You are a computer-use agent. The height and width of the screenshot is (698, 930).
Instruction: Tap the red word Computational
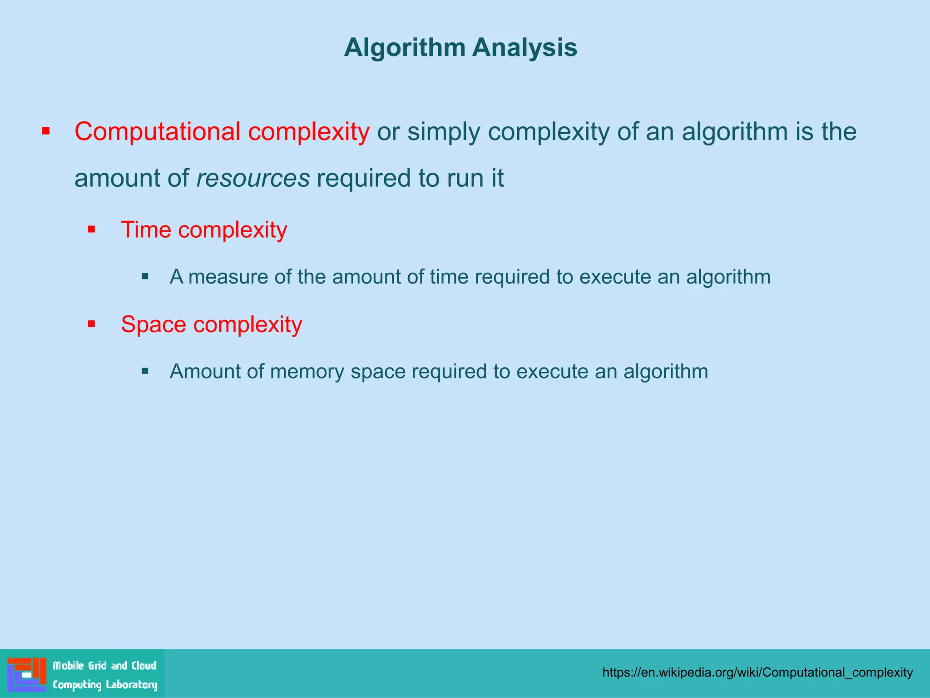(x=157, y=132)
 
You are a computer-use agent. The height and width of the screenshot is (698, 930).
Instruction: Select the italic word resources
(x=253, y=178)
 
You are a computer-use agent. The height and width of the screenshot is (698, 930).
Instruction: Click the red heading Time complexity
(x=204, y=229)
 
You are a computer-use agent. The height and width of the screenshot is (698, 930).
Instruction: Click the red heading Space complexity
(x=211, y=324)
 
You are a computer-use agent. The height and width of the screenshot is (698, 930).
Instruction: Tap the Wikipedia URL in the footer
(x=757, y=672)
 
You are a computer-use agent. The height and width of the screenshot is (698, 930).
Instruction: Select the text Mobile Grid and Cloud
(x=104, y=666)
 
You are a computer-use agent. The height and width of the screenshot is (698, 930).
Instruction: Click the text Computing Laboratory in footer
(x=105, y=684)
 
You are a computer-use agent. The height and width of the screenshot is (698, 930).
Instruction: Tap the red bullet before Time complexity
(x=92, y=229)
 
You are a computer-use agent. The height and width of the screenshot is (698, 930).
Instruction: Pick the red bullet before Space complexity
(x=92, y=324)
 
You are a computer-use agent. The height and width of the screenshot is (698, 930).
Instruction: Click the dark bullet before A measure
(x=145, y=276)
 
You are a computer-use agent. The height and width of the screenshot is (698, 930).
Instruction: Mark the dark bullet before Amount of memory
(x=145, y=371)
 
